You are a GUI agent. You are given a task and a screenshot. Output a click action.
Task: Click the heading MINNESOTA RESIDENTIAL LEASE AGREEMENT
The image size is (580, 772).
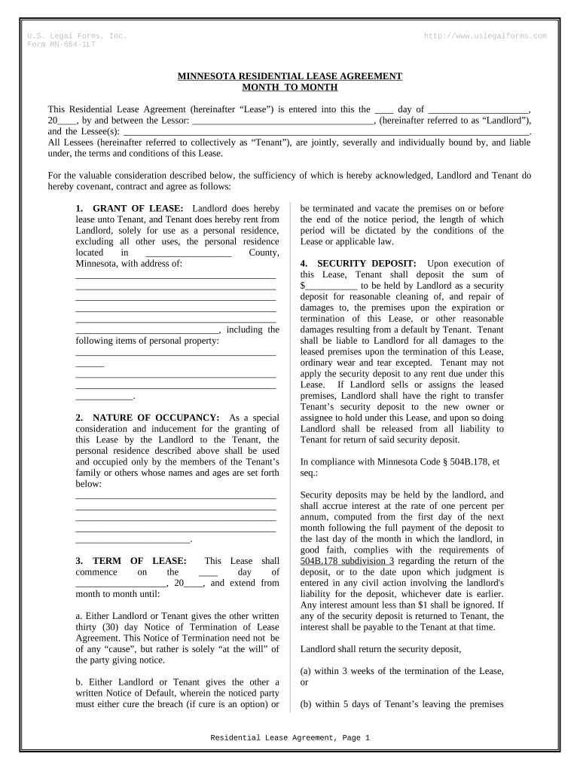[289, 76]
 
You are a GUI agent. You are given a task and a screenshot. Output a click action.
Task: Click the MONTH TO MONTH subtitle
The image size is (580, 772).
[289, 87]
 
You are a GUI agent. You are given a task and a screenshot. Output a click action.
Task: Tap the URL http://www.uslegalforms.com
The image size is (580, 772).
[485, 36]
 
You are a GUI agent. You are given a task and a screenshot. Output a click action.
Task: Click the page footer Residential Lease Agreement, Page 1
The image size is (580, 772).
[290, 737]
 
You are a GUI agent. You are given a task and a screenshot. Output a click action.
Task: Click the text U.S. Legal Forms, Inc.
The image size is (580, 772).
[76, 36]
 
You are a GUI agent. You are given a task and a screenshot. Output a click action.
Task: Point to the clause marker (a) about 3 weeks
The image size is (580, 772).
[308, 671]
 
